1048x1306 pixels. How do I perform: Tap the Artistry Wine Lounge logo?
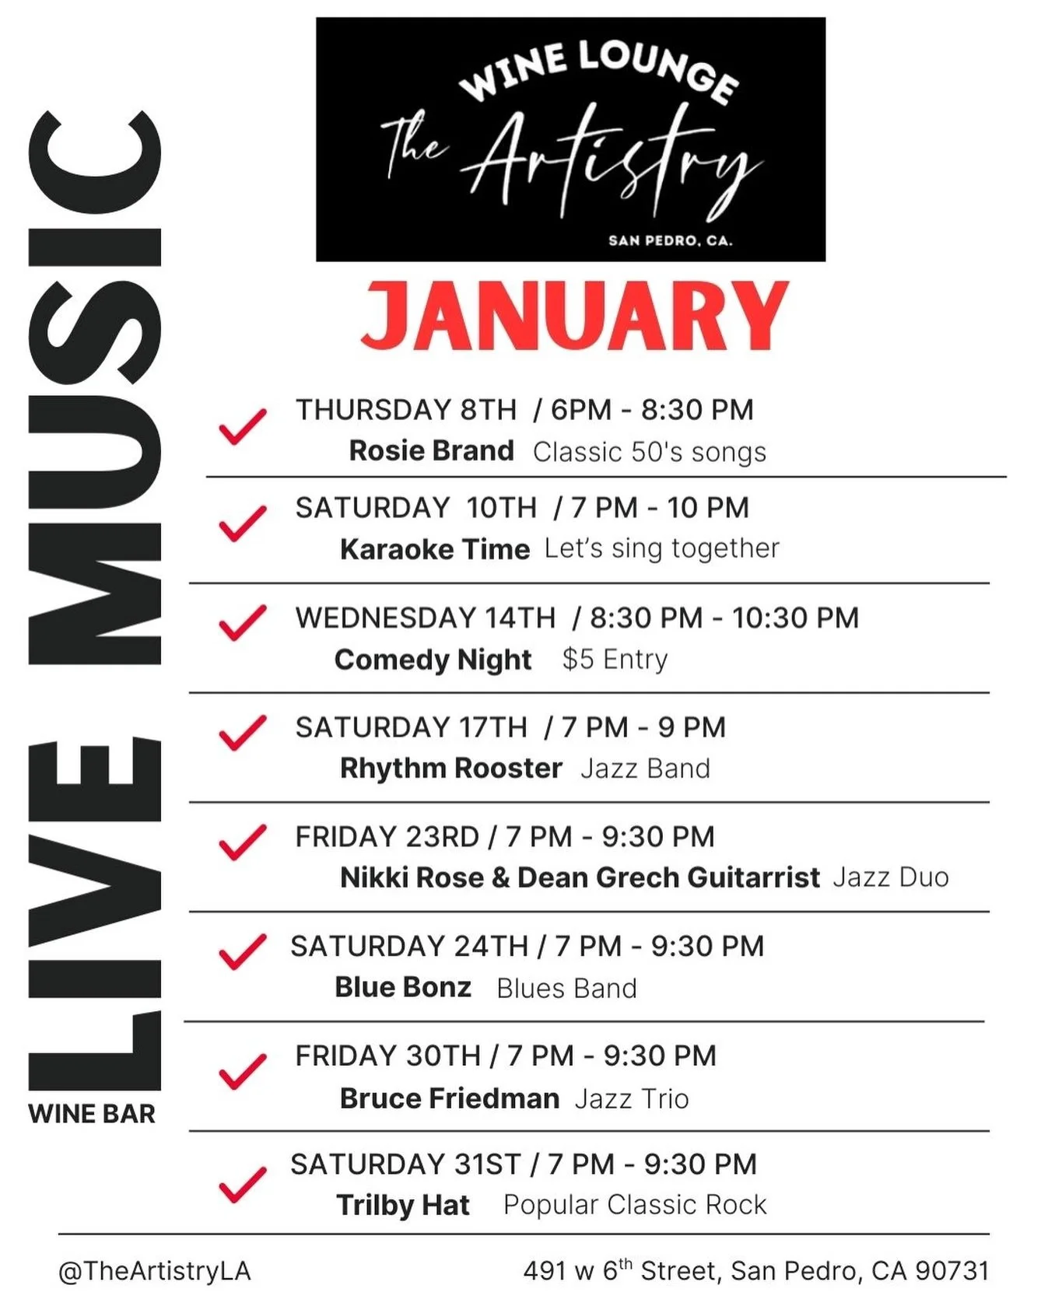pos(570,140)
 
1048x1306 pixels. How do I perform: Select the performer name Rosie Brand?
pos(431,450)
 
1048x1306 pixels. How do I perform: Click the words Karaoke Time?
pos(434,549)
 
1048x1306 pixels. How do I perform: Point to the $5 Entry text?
pos(615,659)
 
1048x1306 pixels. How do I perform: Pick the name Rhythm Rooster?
pos(450,769)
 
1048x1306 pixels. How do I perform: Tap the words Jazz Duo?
pos(891,877)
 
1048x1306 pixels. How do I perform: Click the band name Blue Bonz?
pos(403,987)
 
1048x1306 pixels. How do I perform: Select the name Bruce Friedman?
pos(450,1098)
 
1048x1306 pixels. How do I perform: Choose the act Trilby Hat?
pos(403,1205)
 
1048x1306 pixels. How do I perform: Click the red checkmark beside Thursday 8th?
pos(242,426)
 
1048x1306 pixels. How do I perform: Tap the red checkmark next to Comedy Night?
pos(242,623)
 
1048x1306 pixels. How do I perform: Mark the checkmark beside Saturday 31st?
pos(242,1184)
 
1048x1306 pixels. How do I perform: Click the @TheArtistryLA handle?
pos(154,1271)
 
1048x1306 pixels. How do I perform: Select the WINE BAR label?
pos(92,1114)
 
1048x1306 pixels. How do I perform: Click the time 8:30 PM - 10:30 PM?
pos(724,618)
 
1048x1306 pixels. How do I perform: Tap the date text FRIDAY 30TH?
pos(387,1056)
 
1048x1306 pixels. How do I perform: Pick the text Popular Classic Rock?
pos(635,1205)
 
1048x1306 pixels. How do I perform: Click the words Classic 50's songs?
pos(650,452)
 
